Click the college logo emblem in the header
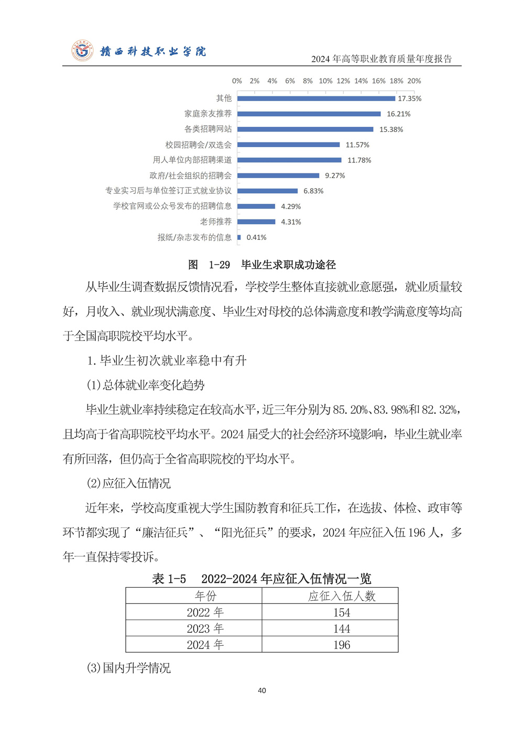pos(82,51)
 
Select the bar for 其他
pos(316,98)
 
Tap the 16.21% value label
pos(398,114)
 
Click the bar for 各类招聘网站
pos(305,129)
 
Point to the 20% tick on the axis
pos(414,81)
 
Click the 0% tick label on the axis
pos(237,81)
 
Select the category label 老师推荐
pos(215,222)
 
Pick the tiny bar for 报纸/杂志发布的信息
pos(239,237)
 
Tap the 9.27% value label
pos(335,176)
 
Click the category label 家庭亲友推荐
pos(208,114)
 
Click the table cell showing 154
pos(342,612)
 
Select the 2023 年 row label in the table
pos(205,629)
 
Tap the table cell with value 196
pos(342,645)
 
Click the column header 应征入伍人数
pos(342,596)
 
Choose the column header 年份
pos(205,596)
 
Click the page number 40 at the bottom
pos(262,691)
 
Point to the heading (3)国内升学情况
pos(128,668)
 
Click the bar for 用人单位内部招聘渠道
pos(289,160)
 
